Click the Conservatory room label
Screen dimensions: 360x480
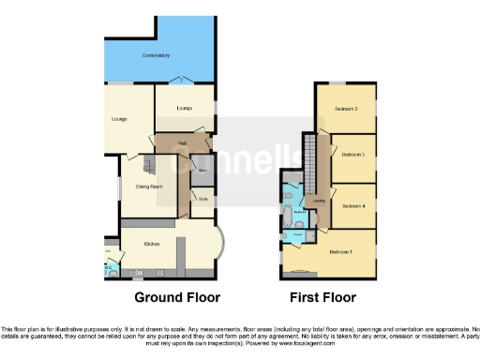[x=156, y=56]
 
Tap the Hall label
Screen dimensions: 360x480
[x=183, y=143]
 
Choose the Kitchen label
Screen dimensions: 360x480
[x=152, y=244]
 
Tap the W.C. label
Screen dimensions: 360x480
[x=109, y=268]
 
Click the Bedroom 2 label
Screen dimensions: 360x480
[x=345, y=109]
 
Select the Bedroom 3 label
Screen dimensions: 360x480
[x=352, y=154]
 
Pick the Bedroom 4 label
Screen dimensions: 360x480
[x=352, y=205]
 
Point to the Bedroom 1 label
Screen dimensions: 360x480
[x=340, y=252]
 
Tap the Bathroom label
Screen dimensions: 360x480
[x=300, y=213]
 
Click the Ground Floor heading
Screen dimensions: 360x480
[x=177, y=298]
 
